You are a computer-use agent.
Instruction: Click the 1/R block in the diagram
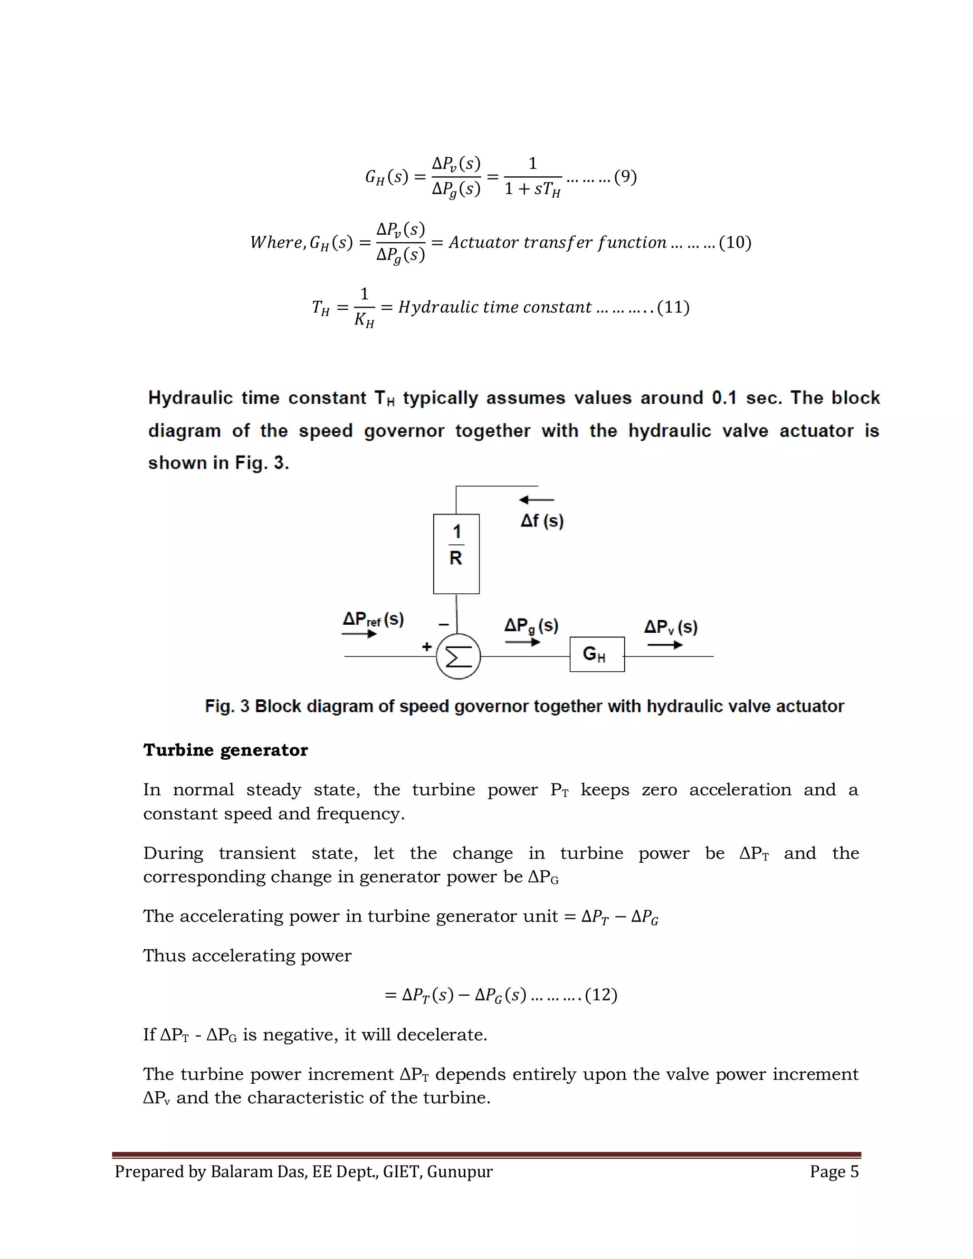coord(456,553)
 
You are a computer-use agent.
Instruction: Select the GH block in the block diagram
coord(597,654)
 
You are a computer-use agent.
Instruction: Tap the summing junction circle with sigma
coord(458,656)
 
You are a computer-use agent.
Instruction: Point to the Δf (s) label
coord(542,521)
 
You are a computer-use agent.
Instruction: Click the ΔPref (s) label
coord(373,619)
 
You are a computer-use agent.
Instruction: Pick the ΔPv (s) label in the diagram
coord(670,627)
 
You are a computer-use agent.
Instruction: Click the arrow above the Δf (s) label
coord(536,500)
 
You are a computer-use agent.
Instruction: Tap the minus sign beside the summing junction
coord(443,624)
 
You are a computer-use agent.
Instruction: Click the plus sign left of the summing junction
coord(427,646)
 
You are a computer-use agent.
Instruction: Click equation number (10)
coord(735,242)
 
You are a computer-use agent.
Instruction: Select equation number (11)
coord(673,307)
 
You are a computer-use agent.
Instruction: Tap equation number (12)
coord(601,994)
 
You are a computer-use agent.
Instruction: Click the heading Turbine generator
coord(225,750)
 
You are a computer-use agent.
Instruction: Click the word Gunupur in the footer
coord(459,1172)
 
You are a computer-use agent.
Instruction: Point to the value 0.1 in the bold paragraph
coord(724,398)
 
